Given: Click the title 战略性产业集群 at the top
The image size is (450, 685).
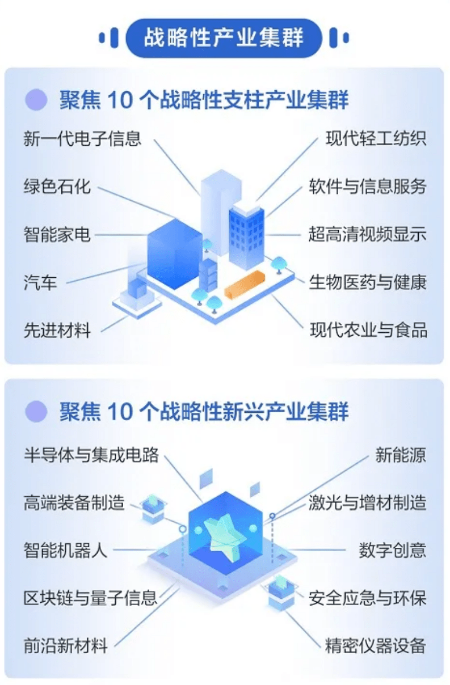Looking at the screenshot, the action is click(x=224, y=38).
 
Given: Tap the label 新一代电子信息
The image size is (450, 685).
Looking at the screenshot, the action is click(x=82, y=138).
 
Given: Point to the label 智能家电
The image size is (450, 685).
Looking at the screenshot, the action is click(x=57, y=234).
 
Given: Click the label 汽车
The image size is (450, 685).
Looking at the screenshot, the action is click(x=40, y=282).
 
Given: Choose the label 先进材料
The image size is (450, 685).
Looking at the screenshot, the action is click(x=57, y=330).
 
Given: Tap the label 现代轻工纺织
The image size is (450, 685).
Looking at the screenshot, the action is click(x=376, y=138).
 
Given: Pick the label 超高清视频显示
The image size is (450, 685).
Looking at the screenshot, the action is click(x=367, y=234).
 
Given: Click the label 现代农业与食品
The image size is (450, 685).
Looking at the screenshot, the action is click(x=368, y=330).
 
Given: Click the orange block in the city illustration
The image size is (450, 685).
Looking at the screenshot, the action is click(x=245, y=284).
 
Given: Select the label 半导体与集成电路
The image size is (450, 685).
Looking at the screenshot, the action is click(x=91, y=455).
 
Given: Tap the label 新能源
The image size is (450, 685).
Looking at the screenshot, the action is click(x=401, y=455).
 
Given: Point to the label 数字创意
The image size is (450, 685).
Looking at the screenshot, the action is click(x=393, y=550).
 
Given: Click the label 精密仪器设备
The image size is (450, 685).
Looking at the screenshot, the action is click(x=376, y=646).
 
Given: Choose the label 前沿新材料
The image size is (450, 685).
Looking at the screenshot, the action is click(x=65, y=646).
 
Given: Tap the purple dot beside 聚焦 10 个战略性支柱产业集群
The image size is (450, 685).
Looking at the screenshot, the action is click(x=36, y=99).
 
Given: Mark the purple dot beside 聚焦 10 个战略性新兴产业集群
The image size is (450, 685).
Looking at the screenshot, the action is click(x=36, y=411).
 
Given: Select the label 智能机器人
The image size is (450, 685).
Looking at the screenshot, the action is click(x=65, y=550).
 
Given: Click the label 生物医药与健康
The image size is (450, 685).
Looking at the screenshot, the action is click(x=367, y=282).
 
